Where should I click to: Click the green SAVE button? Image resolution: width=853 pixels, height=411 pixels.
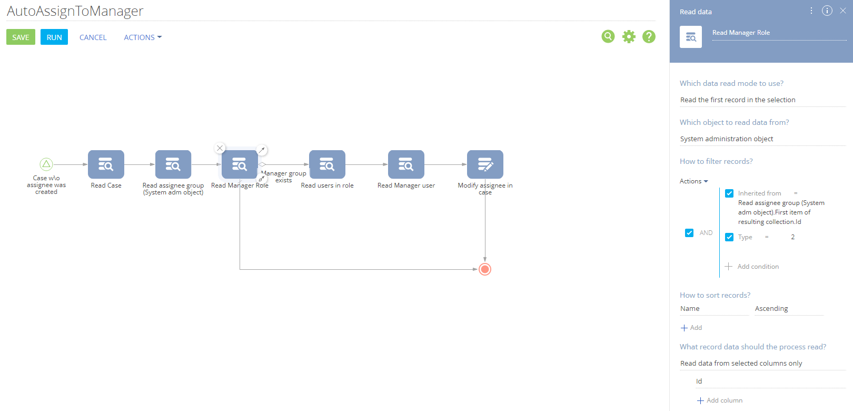tap(21, 37)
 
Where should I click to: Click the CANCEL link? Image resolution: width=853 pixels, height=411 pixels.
tap(93, 37)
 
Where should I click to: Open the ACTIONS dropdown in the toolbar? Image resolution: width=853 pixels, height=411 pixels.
tap(142, 37)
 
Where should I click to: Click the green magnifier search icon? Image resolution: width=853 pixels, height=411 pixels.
tap(608, 36)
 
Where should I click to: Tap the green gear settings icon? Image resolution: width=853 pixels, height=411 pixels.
tap(629, 36)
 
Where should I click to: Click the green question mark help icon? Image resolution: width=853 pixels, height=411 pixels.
tap(649, 36)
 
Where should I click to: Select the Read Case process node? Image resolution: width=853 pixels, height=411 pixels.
tap(106, 164)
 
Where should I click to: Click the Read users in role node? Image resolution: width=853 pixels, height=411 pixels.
tap(327, 164)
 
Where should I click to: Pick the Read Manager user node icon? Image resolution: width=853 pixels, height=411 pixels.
tap(406, 164)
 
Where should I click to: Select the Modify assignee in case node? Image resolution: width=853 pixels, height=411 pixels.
tap(485, 164)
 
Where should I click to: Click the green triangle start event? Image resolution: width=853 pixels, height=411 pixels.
tap(46, 164)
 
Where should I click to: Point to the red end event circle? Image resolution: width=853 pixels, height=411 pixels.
tap(485, 269)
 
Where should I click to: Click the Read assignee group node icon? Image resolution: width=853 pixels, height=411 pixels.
tap(173, 164)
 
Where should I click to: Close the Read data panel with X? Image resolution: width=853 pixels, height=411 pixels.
tap(842, 11)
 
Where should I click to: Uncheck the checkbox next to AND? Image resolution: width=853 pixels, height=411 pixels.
tap(689, 233)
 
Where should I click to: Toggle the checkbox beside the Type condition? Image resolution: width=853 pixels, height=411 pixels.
tap(729, 237)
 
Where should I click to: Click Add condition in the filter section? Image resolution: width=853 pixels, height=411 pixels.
tap(752, 266)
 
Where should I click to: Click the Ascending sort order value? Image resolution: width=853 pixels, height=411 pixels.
tap(771, 309)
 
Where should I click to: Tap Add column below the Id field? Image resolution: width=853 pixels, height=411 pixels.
tap(720, 400)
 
